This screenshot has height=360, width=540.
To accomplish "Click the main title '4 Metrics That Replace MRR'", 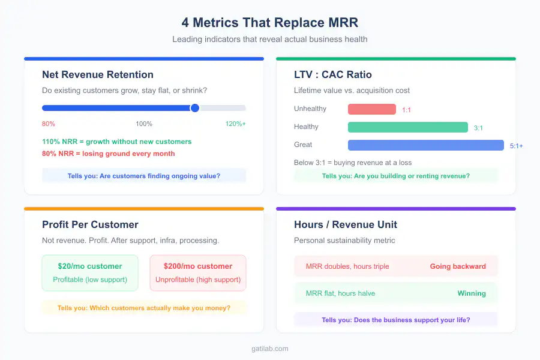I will tap(269, 22).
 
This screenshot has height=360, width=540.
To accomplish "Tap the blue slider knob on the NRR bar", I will tap(194, 108).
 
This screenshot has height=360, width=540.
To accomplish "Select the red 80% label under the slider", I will tap(49, 124).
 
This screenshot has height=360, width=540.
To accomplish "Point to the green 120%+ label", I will tap(235, 124).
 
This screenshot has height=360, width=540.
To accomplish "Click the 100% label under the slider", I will tap(144, 124).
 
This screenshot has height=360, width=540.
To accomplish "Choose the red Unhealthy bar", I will tap(371, 109).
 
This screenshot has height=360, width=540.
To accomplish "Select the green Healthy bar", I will tap(407, 127).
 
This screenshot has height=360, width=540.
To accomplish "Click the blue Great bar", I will tap(425, 145).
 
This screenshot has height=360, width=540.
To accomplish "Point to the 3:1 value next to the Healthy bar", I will tap(478, 128).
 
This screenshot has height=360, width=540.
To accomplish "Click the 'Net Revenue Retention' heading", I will tap(98, 75).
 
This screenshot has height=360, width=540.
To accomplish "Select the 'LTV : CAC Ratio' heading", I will tap(332, 75).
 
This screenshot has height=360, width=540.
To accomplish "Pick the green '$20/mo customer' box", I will tap(90, 273).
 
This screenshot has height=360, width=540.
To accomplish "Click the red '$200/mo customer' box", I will tap(198, 273).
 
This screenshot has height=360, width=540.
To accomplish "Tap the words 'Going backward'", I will tap(458, 266).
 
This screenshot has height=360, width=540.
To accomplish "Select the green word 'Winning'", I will tap(471, 293).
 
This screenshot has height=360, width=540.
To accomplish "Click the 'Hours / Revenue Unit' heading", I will tap(345, 225).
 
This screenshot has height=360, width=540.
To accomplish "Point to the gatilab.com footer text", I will tap(269, 348).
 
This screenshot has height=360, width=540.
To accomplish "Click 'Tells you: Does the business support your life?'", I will tap(395, 320).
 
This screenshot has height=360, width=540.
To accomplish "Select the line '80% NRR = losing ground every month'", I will tap(109, 154).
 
